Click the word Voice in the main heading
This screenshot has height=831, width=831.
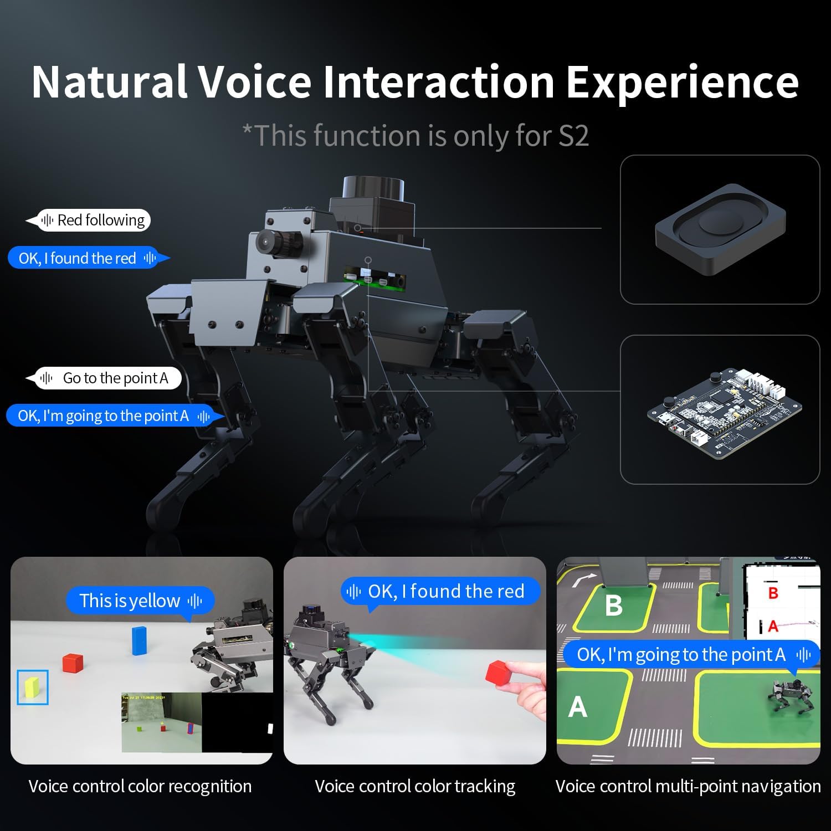[255, 82]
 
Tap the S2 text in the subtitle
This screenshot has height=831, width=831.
[573, 136]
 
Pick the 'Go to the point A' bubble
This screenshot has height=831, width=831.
[104, 378]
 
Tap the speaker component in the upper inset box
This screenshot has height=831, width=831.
[720, 229]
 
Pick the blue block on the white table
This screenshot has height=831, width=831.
[139, 640]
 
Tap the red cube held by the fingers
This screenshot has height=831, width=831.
[498, 673]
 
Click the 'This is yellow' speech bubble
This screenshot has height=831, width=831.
[140, 601]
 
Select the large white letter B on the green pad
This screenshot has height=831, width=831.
[614, 606]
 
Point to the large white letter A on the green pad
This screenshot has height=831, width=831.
[578, 707]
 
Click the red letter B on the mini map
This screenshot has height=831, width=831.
[773, 593]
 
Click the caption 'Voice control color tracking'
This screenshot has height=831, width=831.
[415, 786]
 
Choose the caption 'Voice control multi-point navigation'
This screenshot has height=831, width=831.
[688, 786]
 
